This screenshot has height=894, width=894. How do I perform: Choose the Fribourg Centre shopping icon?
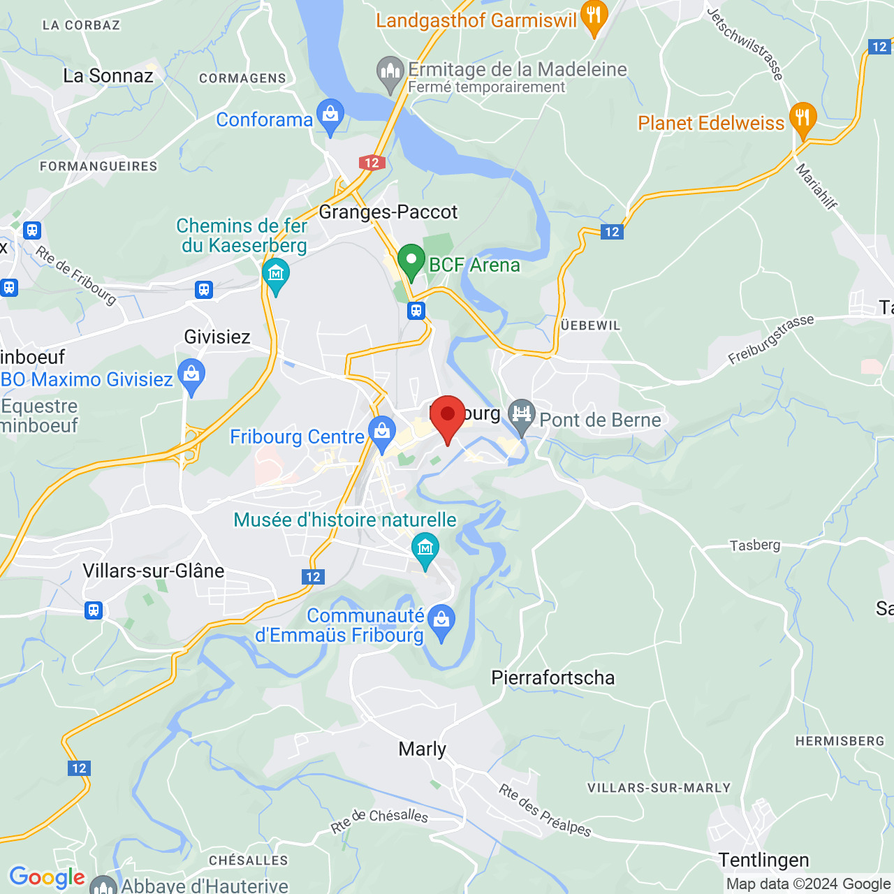coord(381,433)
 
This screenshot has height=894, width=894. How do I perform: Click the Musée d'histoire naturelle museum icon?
coord(425,549)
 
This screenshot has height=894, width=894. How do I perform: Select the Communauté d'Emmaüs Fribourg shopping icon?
coord(441,621)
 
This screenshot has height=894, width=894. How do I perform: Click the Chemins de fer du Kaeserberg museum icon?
coord(276,274)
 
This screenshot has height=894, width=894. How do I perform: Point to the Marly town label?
coord(422,749)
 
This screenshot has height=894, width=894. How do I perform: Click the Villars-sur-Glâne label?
coord(154,571)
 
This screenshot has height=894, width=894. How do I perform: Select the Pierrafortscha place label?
coord(553,677)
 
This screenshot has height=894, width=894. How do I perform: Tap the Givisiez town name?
coord(217,337)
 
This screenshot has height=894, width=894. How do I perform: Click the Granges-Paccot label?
coord(388,212)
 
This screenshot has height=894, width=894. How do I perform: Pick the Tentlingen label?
coord(763,860)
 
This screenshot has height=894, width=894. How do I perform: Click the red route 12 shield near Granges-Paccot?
coord(372,163)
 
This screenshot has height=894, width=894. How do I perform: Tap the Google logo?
coord(47,877)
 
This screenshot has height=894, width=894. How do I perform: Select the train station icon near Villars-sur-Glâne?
coord(94,610)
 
